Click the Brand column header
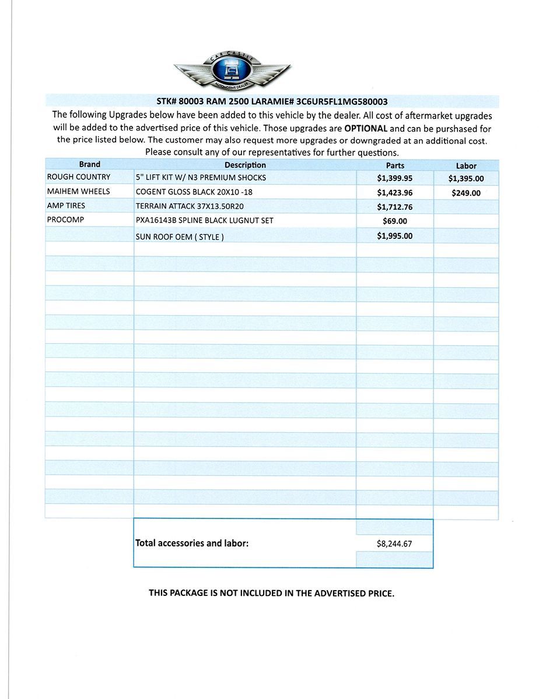click(x=89, y=165)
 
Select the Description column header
click(x=245, y=165)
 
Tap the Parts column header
click(x=395, y=165)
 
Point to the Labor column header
click(x=466, y=166)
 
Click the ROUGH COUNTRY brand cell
click(x=79, y=177)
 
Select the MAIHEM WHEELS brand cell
click(x=79, y=191)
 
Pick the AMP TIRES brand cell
click(x=66, y=206)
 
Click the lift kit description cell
click(x=201, y=178)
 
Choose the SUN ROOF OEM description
click(x=180, y=237)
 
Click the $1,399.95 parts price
click(x=395, y=178)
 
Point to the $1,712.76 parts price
click(x=395, y=207)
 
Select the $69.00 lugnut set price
click(x=395, y=221)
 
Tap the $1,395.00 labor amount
click(x=466, y=179)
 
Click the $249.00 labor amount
click(x=466, y=193)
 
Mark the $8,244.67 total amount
click(x=395, y=544)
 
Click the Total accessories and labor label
click(x=192, y=543)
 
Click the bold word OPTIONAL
click(x=366, y=129)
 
